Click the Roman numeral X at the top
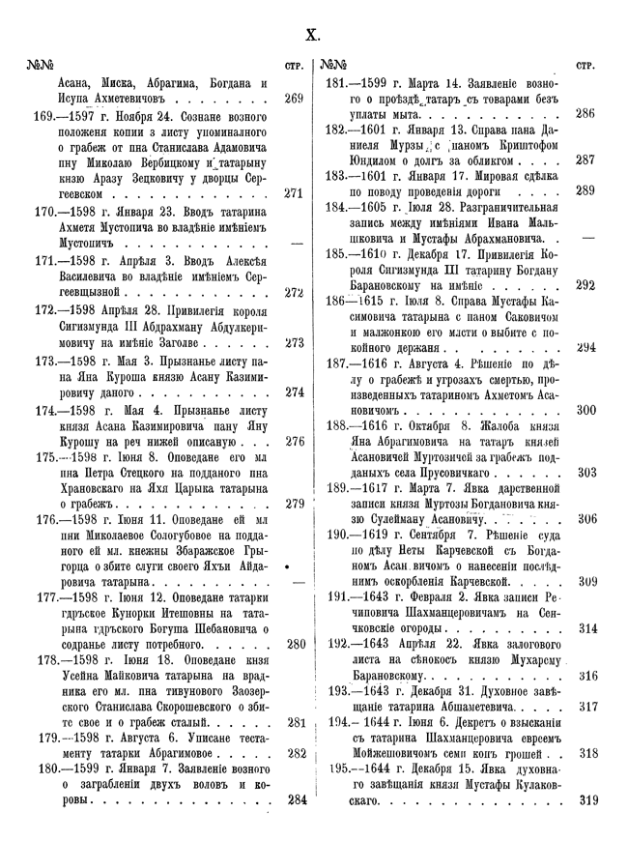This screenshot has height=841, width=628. pos(313,37)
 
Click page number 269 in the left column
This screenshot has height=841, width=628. pos(295,98)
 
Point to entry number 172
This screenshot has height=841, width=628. pos(45,311)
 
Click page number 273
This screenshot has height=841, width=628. pos(295,341)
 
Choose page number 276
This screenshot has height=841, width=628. pos(295,441)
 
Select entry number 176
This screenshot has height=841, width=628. pos(45,519)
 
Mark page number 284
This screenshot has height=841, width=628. pos(295,799)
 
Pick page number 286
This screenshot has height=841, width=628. pos(585,113)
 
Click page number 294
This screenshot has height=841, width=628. pos(585,347)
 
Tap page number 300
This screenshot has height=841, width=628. pos(585,410)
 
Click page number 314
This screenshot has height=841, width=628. pos(585,628)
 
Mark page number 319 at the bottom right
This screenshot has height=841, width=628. pos(585,799)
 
